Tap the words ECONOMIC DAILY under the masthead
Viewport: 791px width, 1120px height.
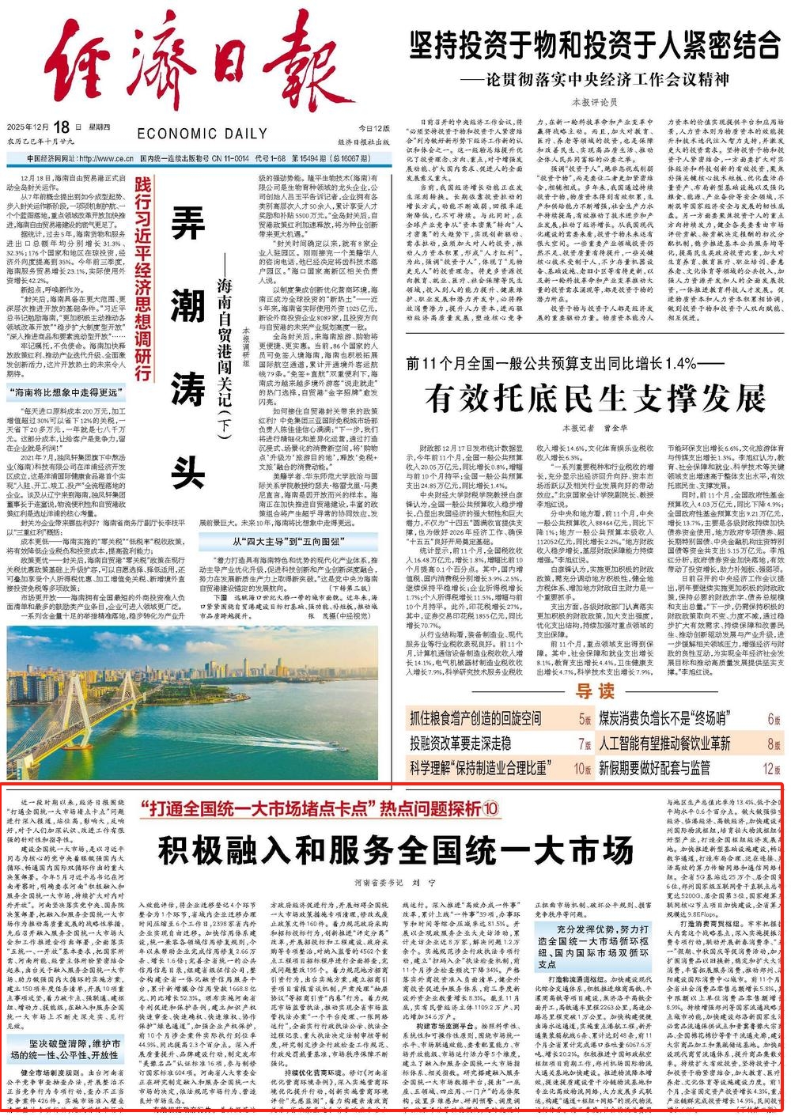[202, 134]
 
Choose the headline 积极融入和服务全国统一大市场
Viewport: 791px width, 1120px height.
[395, 850]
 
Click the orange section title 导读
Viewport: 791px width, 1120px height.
[595, 691]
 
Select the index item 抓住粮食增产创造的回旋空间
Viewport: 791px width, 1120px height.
[475, 719]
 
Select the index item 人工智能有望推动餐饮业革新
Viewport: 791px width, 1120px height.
[664, 743]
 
